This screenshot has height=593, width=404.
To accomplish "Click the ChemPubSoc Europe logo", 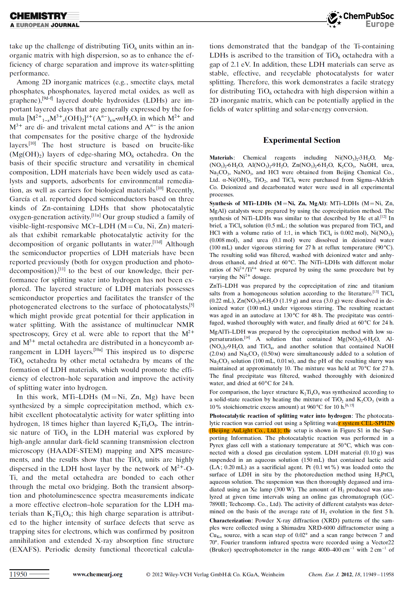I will pos(361,19).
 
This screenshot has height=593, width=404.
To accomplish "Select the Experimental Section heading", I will pos(301,140).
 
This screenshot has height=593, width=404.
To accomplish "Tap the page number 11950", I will pos(18,574).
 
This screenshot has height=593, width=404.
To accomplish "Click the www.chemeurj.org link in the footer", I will pos(97,574).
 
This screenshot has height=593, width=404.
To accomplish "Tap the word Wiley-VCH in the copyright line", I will pos(180,574).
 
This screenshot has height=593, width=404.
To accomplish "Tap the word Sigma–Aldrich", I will pos(375,180).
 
